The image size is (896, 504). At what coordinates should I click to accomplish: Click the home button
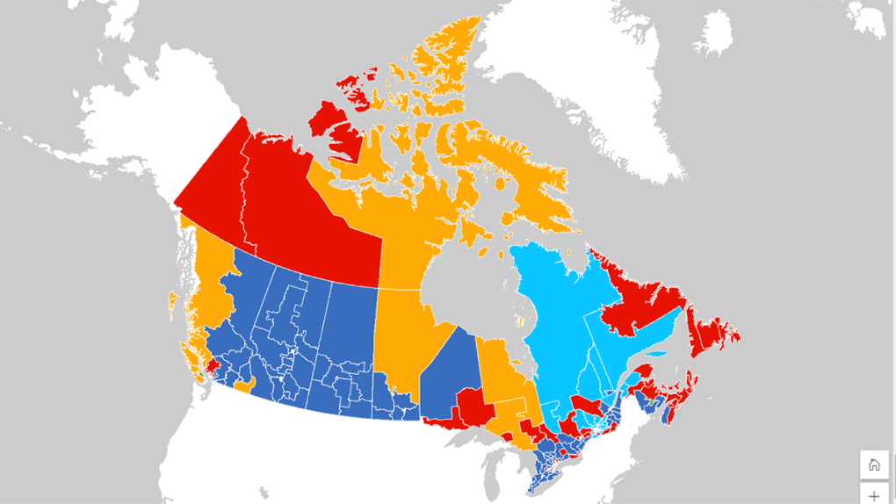(x=873, y=465)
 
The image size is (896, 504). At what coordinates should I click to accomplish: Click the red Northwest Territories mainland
(x=299, y=211)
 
